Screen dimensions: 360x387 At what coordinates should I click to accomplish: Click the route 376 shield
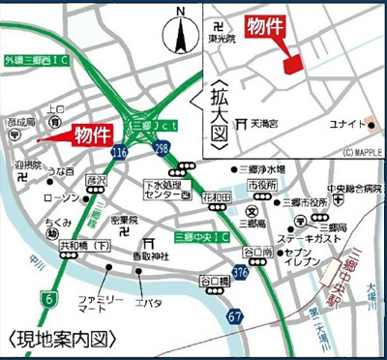[239, 274]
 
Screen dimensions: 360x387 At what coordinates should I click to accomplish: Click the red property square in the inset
[292, 63]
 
